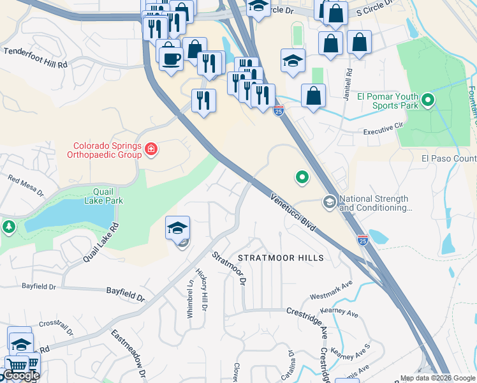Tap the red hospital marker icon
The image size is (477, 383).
click(152, 150)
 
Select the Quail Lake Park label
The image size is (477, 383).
click(99, 195)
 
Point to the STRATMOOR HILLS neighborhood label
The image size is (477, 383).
click(281, 258)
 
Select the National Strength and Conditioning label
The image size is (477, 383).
click(376, 203)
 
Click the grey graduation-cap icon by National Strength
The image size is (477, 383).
click(330, 202)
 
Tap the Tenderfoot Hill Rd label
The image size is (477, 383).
click(36, 58)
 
